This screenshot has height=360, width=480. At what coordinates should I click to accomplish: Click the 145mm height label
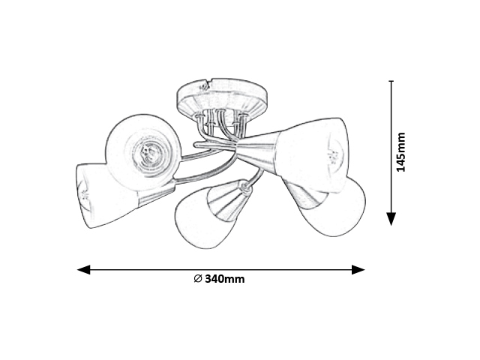(400, 152)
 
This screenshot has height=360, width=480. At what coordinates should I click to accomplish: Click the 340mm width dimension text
(225, 279)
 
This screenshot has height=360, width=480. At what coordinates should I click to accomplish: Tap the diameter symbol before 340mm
(198, 279)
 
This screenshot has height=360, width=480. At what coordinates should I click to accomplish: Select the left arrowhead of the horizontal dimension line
(83, 270)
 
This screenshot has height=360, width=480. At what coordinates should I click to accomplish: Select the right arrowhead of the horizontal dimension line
(358, 270)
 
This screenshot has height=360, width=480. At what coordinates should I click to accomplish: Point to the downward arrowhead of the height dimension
(391, 219)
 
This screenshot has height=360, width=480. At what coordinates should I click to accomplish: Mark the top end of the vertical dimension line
(391, 81)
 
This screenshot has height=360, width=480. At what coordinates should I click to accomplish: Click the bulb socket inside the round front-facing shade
(148, 151)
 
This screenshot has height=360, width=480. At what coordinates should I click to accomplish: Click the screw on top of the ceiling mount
(202, 87)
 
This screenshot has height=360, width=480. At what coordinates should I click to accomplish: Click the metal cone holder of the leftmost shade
(156, 195)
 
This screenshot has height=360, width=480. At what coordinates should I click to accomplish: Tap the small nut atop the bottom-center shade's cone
(245, 187)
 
